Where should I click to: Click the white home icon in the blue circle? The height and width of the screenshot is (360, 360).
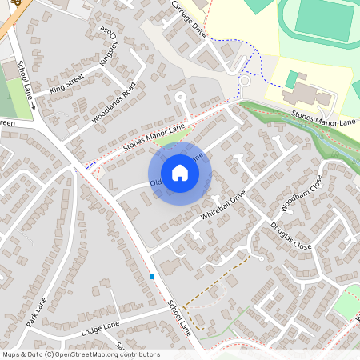[x=180, y=173]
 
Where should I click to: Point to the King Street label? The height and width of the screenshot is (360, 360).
[x=66, y=85]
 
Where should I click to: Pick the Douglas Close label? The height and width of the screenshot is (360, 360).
[x=291, y=235]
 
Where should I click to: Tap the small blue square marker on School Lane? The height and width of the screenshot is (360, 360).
[x=151, y=277]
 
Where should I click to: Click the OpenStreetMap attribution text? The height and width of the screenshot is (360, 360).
[x=80, y=354]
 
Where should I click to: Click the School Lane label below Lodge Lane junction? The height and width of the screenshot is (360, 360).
[x=180, y=315]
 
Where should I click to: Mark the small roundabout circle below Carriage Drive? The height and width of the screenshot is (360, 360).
[x=246, y=80]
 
